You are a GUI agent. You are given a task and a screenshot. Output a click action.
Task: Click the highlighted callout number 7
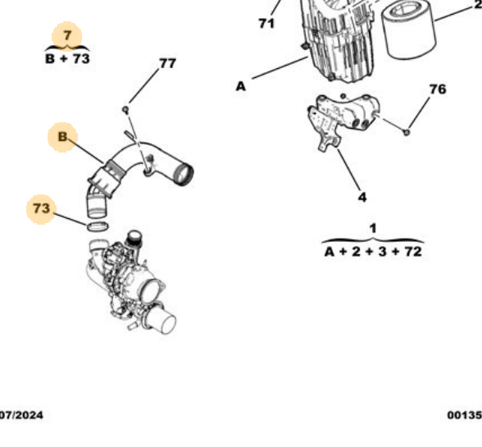pyautogui.click(x=67, y=36)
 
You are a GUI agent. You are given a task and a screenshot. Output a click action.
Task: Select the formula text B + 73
pyautogui.click(x=67, y=59)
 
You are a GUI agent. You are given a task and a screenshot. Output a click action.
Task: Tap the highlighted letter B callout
pyautogui.click(x=62, y=136)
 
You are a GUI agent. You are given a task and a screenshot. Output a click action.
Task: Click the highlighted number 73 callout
pyautogui.click(x=41, y=209)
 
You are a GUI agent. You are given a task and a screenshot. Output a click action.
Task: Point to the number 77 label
pyautogui.click(x=167, y=63)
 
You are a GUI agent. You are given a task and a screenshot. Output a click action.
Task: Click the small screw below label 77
pyautogui.click(x=125, y=107)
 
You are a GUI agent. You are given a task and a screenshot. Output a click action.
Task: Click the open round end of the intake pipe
pyautogui.click(x=182, y=174)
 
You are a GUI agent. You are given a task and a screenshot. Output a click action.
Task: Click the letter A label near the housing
pyautogui.click(x=241, y=84)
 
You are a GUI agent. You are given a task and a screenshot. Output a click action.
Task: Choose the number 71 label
pyautogui.click(x=266, y=24)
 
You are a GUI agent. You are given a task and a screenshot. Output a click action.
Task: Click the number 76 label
pyautogui.click(x=438, y=89)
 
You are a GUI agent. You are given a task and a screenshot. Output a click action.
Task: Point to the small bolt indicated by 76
pyautogui.click(x=407, y=130)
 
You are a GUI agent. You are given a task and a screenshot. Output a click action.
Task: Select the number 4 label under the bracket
pyautogui.click(x=362, y=196)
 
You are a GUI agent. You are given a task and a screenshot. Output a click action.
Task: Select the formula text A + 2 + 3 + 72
pyautogui.click(x=372, y=251)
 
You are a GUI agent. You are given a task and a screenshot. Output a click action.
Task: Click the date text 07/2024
pyautogui.click(x=21, y=416)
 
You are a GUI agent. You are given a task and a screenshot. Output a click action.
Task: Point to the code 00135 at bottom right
pyautogui.click(x=464, y=416)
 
